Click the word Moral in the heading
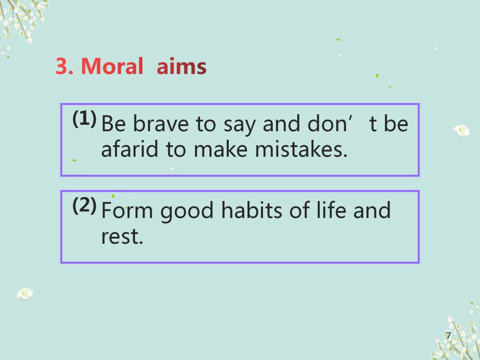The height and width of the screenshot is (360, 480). pos(112,66)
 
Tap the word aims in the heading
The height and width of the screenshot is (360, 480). pos(181,66)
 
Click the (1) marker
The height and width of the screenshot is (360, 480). pos(84,119)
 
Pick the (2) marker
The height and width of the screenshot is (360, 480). pos(84,205)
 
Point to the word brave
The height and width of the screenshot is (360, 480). pos(161,124)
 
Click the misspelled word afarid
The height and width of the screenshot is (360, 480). pos(129,149)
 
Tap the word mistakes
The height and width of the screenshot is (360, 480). pos(301,149)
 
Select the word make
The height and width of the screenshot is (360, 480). pos(220,149)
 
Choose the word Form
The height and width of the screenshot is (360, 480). pos(127,210)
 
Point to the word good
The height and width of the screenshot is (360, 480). pos(187,212)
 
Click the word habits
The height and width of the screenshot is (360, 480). pos(251,210)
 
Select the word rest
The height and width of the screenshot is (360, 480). pos(122,237)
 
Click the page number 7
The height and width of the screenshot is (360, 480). pos(448,336)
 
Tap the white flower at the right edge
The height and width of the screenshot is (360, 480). pos(461,131)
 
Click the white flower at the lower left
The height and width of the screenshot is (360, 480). pos(25,293)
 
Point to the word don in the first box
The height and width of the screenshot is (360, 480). pos(327,124)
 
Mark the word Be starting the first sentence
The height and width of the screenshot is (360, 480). pos(113,124)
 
